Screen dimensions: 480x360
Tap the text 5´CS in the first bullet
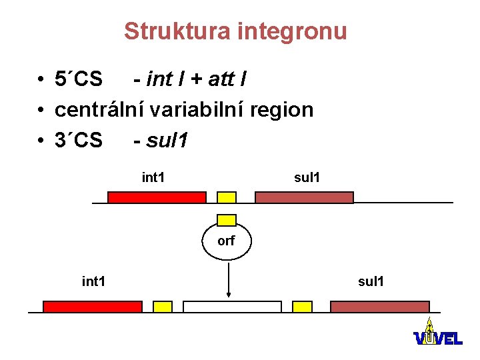point(79,79)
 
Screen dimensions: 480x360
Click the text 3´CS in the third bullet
point(79,140)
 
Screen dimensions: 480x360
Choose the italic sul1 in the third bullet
point(167,140)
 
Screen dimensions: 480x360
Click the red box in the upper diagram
point(157,197)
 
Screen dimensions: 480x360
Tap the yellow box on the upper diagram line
point(227,197)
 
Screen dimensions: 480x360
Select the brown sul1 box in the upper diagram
point(304,197)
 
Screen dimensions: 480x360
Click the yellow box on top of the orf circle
point(227,220)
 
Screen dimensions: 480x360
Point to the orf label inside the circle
point(226,241)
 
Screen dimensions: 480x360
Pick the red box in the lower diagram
point(93,307)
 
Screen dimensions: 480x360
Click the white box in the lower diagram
point(232,307)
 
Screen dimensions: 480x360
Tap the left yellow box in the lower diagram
point(163,307)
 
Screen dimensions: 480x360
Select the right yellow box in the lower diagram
point(302,307)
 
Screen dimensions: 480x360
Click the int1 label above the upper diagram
point(154,177)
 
